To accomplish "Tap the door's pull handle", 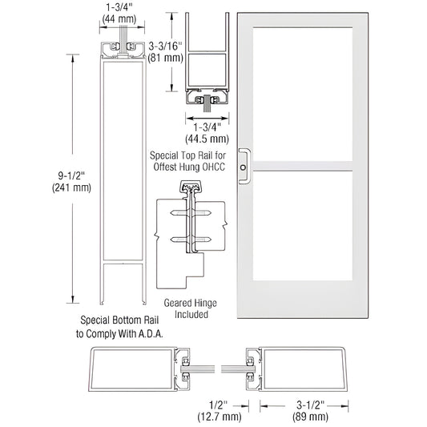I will pos(246,161).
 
